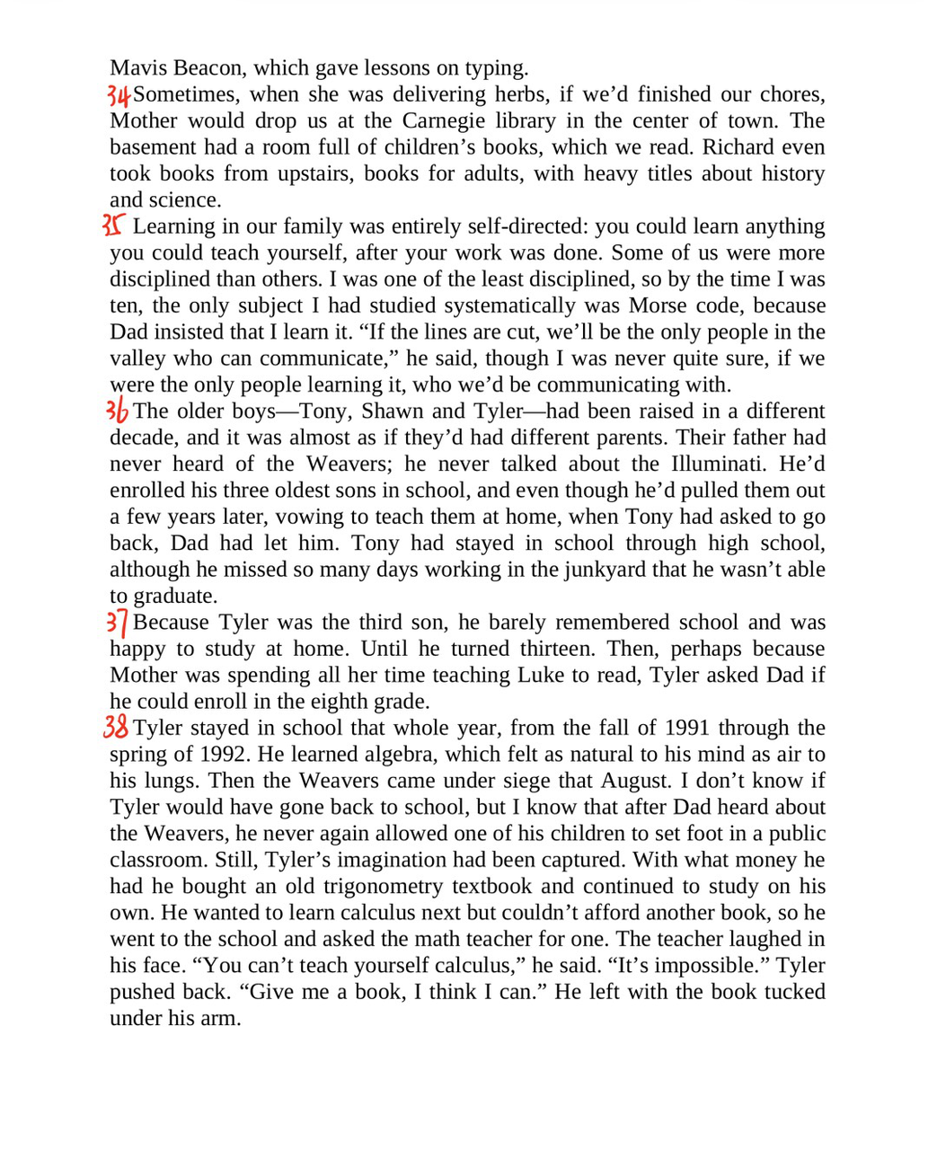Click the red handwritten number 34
119,94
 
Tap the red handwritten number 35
115,226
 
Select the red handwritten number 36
118,411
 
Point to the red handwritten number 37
118,623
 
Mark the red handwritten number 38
117,728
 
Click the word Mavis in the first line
137,68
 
